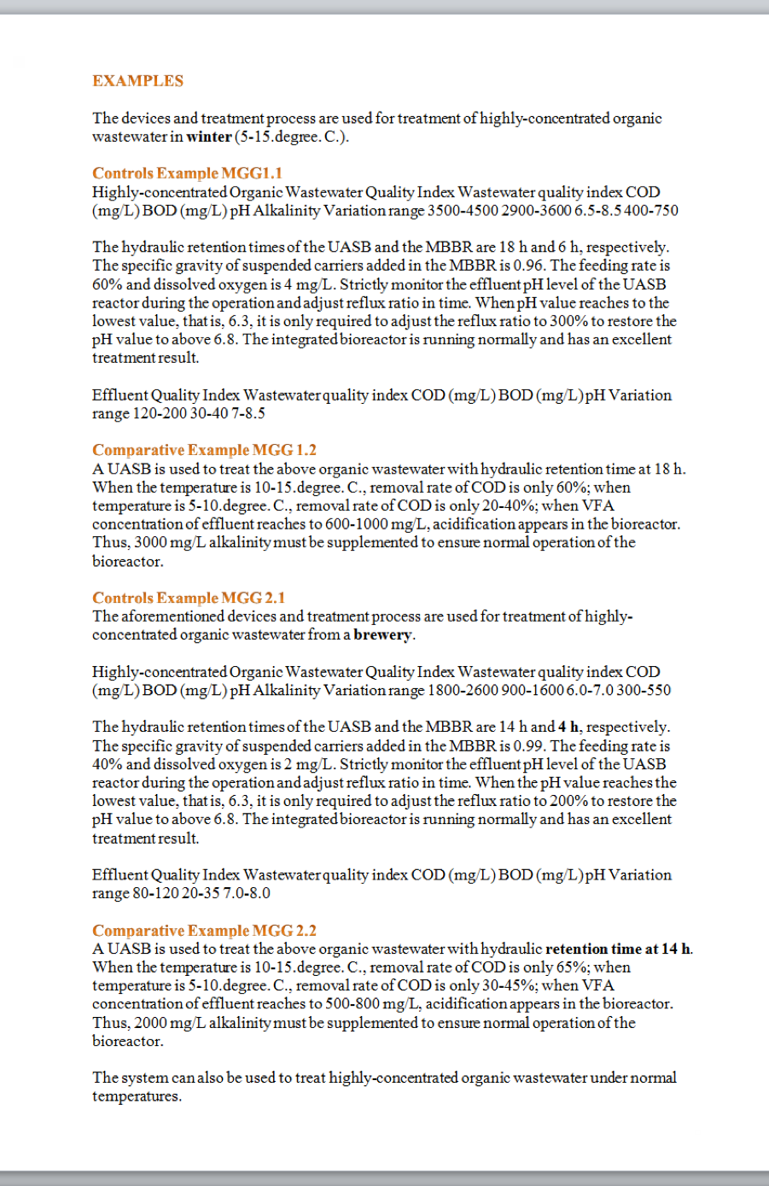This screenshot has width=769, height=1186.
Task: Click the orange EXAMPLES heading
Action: coord(137,81)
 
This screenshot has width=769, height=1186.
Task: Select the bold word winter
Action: coord(209,137)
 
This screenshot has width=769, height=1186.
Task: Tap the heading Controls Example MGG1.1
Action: coord(187,173)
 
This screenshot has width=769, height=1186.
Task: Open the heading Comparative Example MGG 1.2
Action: coord(204,450)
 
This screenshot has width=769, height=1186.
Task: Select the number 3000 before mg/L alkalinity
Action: coord(151,542)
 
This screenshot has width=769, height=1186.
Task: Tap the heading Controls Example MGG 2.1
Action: coord(189,598)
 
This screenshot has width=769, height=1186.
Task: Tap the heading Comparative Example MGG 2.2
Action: coord(204,931)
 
